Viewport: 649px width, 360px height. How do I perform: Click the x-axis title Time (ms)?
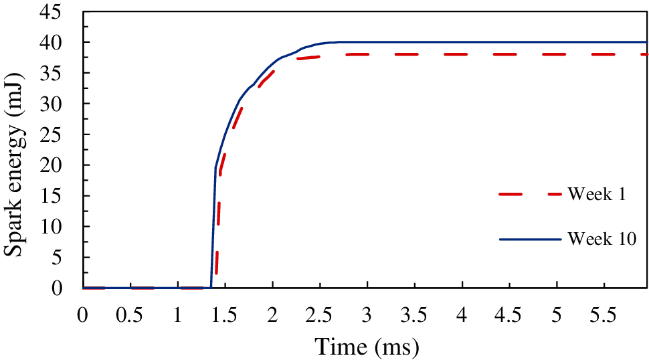coord(367,347)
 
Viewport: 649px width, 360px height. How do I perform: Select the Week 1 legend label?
coord(596,195)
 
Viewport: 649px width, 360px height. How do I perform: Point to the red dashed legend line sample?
coord(529,195)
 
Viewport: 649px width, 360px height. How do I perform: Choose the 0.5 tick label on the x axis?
coord(130,315)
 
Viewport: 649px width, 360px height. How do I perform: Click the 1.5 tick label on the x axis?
coord(225,315)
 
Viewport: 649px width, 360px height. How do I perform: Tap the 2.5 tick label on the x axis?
coord(320,315)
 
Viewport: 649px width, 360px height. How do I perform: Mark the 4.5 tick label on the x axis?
coord(510,315)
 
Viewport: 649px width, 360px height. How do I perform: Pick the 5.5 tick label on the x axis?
coord(605,315)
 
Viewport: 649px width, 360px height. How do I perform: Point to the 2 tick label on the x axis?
coord(272,315)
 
